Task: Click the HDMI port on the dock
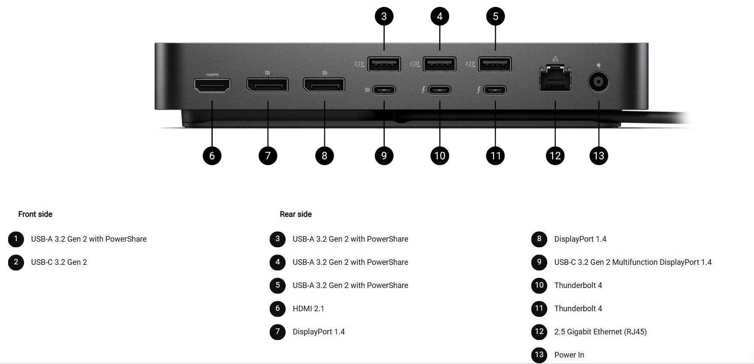(x=212, y=85)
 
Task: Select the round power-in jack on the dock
(x=598, y=82)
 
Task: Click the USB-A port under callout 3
(x=384, y=65)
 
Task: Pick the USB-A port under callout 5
(x=495, y=65)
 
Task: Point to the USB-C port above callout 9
(x=384, y=90)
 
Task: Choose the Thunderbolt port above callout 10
(x=440, y=90)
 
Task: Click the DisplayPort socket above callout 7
(x=268, y=85)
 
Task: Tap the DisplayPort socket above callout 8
(x=324, y=85)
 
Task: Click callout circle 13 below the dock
(x=599, y=156)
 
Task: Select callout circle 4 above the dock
(x=440, y=17)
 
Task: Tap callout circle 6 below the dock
(x=212, y=156)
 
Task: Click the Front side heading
(x=35, y=214)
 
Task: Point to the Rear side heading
(x=296, y=214)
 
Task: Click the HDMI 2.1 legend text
(x=308, y=309)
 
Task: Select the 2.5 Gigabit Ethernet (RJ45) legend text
(x=600, y=332)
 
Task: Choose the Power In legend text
(x=569, y=355)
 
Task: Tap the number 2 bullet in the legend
(x=16, y=262)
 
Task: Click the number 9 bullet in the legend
(x=539, y=262)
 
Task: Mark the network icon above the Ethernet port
(x=555, y=59)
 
